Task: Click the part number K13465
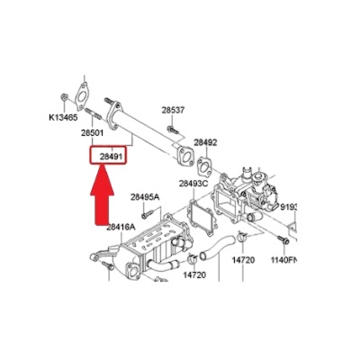pyautogui.click(x=63, y=117)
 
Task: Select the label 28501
pyautogui.click(x=92, y=132)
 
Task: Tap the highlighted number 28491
pyautogui.click(x=111, y=157)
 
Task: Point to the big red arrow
pyautogui.click(x=103, y=195)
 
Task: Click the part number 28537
pyautogui.click(x=173, y=110)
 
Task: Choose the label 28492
pyautogui.click(x=205, y=142)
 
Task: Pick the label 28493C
pyautogui.click(x=193, y=184)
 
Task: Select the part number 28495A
pyautogui.click(x=145, y=197)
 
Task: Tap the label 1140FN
pyautogui.click(x=283, y=260)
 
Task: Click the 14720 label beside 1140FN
pyautogui.click(x=243, y=260)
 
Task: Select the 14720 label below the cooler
pyautogui.click(x=194, y=274)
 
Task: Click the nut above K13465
pyautogui.click(x=64, y=97)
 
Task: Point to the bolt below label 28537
pyautogui.click(x=173, y=130)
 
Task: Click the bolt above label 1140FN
pyautogui.click(x=283, y=239)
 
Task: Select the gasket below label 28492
pyautogui.click(x=204, y=166)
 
